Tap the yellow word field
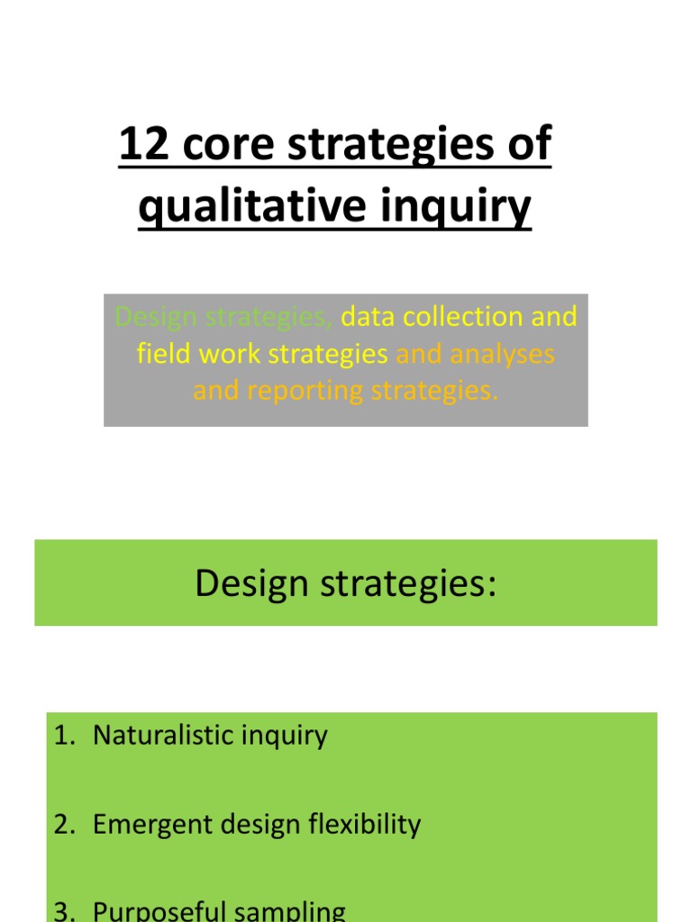tap(164, 354)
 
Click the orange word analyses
tap(503, 354)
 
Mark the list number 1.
tap(61, 736)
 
